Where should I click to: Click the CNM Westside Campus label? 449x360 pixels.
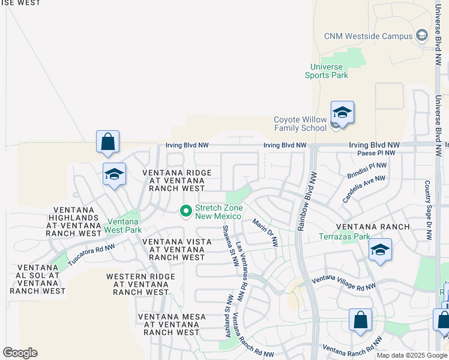point(368,36)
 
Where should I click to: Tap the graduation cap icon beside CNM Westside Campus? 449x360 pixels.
point(422,36)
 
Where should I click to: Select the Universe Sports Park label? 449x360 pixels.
point(326,71)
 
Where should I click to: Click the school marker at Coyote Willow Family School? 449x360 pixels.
point(342,113)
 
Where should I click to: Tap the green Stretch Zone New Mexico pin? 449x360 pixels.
point(186,211)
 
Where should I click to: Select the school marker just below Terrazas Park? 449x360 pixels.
point(379,250)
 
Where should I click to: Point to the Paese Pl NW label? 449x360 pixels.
point(376,153)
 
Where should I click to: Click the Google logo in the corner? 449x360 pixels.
point(20,353)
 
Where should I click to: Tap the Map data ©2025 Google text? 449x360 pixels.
point(412,355)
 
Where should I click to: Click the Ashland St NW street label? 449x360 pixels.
point(229,315)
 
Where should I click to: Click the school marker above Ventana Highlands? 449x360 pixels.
point(114,175)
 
